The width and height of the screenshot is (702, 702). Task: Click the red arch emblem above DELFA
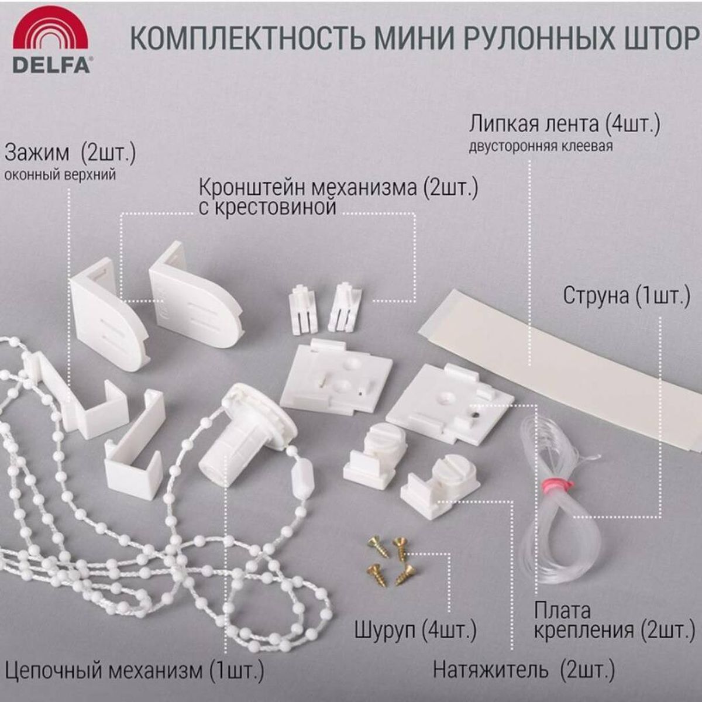[x=51, y=32]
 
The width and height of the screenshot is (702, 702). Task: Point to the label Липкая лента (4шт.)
[x=564, y=124]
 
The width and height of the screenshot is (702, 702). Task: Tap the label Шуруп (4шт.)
[x=415, y=630]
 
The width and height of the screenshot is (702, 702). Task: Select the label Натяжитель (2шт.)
[x=524, y=670]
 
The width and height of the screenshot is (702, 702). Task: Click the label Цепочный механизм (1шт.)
[x=134, y=669]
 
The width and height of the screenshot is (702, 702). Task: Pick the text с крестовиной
[x=267, y=207]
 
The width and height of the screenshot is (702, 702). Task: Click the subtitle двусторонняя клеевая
[x=541, y=146]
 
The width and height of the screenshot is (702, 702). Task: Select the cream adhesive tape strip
[x=562, y=363]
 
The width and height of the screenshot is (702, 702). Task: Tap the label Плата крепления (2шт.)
[x=608, y=620]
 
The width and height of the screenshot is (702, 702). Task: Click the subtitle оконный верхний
[x=60, y=175]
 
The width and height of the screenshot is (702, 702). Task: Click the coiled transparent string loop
[x=559, y=526]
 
